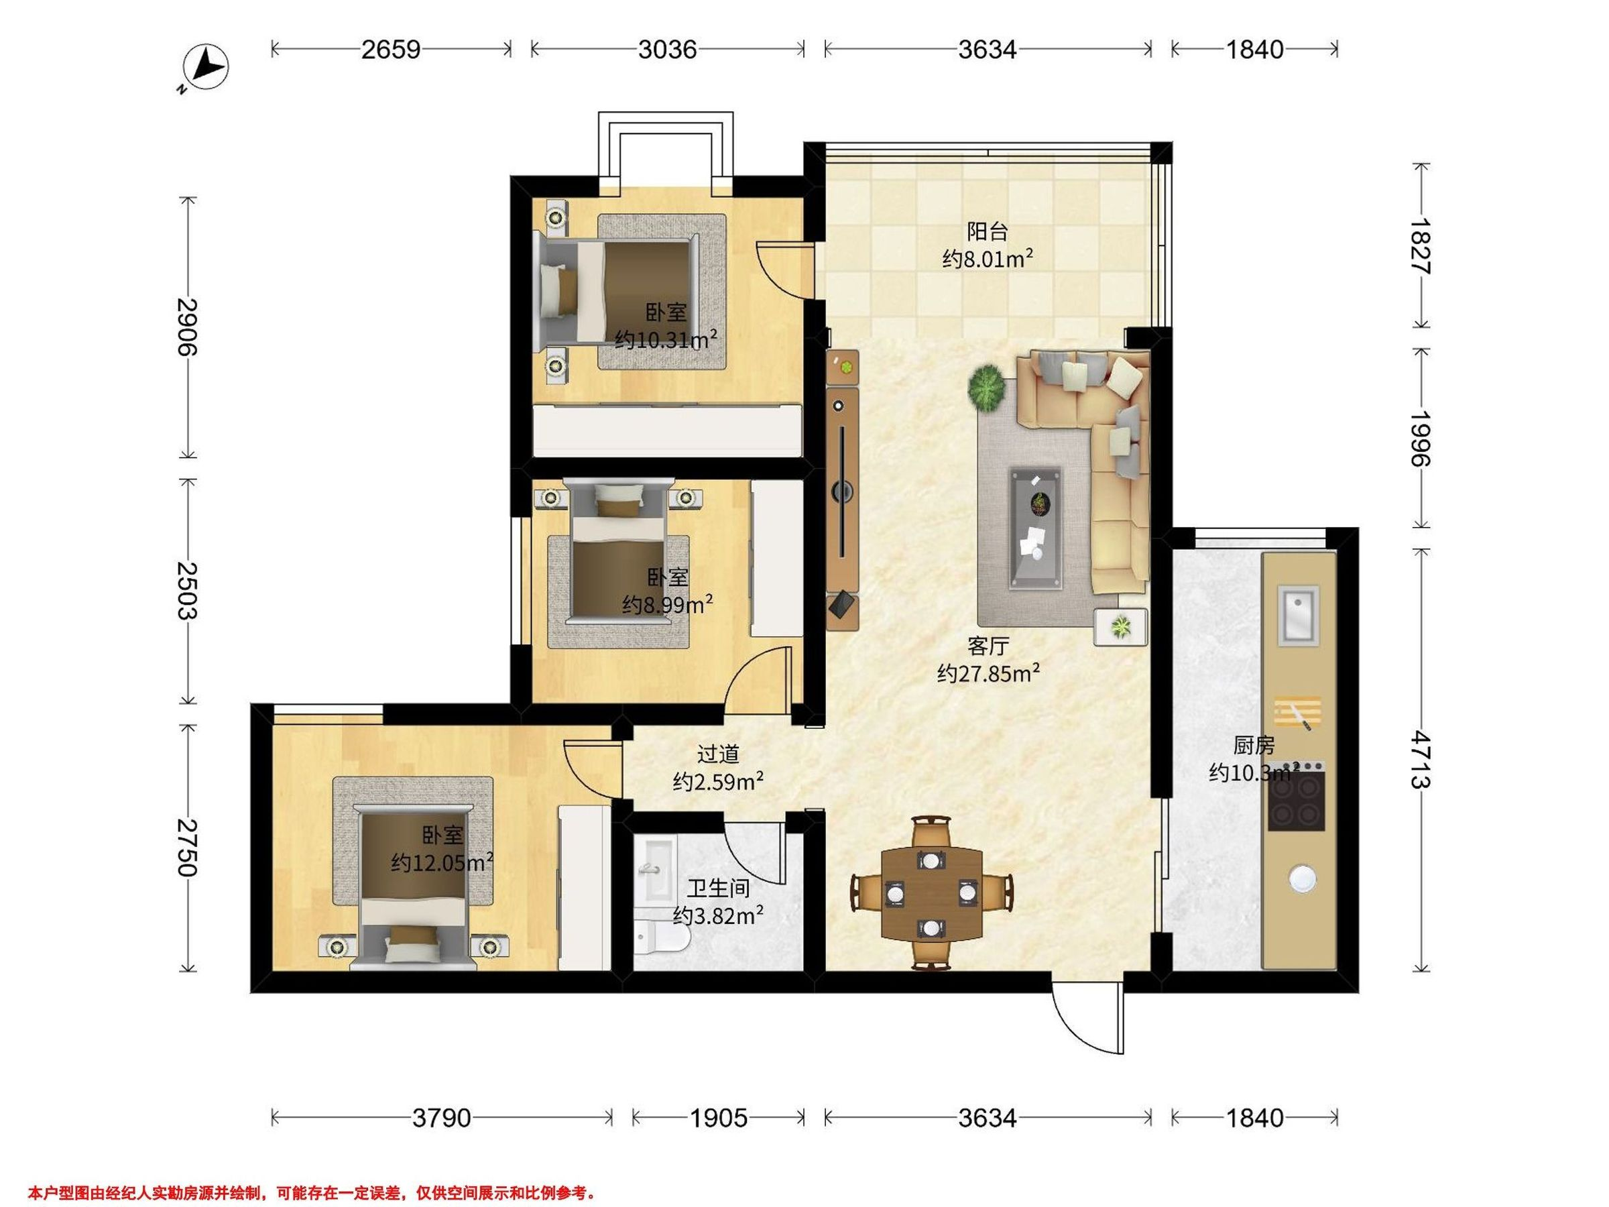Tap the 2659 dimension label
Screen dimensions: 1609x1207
point(392,50)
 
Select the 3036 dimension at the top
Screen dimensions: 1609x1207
point(667,50)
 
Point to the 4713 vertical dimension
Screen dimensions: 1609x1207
point(1419,760)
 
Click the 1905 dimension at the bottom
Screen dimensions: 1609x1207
point(718,1118)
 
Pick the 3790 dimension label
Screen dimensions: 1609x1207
point(442,1118)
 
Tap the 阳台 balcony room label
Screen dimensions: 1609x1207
point(988,231)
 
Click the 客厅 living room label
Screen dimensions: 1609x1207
point(988,646)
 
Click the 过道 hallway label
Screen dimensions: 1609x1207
point(718,754)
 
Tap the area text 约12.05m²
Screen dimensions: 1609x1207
point(442,862)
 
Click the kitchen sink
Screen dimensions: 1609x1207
point(1299,615)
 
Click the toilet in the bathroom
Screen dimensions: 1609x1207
point(662,942)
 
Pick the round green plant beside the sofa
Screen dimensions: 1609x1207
point(986,386)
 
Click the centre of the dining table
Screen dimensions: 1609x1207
point(931,893)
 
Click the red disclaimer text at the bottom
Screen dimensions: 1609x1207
point(312,1193)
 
